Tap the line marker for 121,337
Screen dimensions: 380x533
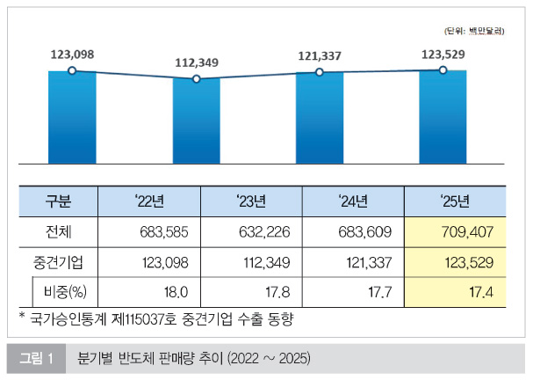click(320, 73)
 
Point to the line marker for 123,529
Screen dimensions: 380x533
click(443, 70)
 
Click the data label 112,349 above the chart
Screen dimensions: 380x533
click(197, 62)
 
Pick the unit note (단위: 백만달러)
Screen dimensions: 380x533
click(474, 31)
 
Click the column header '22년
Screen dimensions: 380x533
click(150, 201)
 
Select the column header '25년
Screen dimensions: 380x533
click(455, 201)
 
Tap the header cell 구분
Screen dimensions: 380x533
click(59, 201)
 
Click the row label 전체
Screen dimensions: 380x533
click(59, 232)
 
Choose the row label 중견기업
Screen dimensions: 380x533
click(59, 262)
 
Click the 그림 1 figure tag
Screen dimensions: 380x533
click(37, 358)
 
